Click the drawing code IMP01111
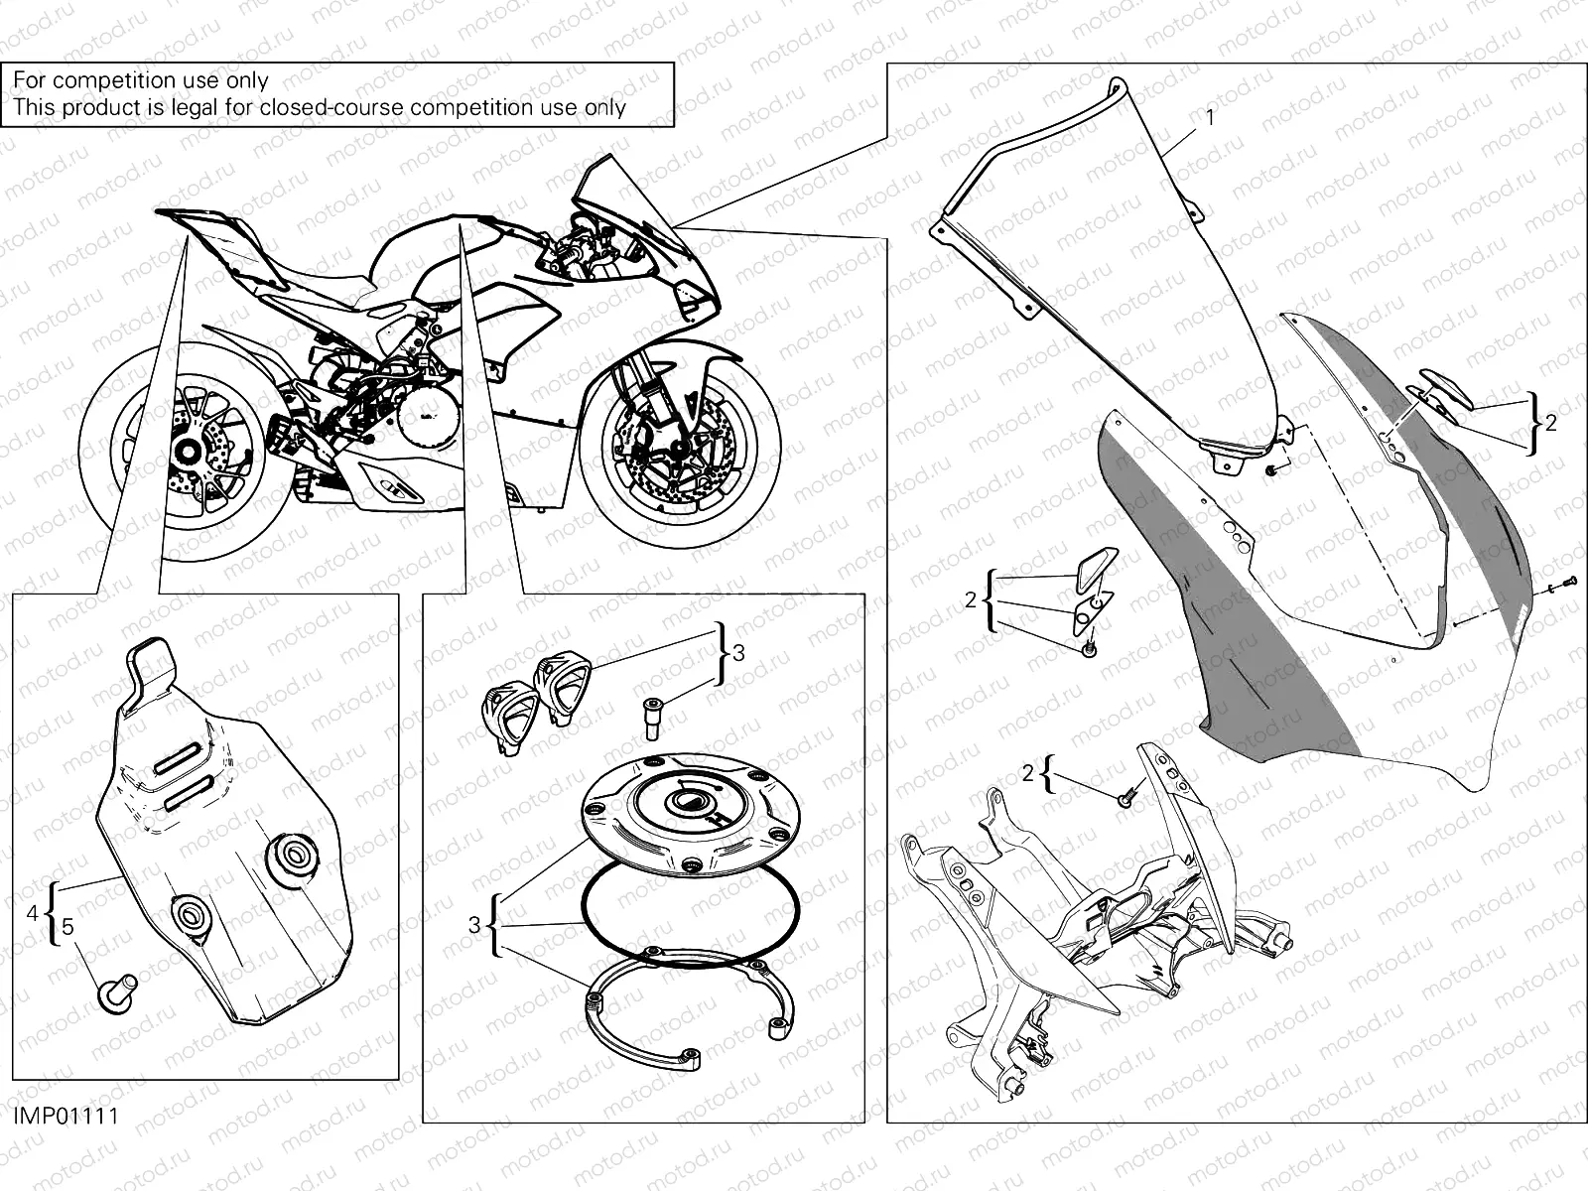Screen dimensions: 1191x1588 (x=66, y=1116)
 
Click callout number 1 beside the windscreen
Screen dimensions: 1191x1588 (x=1210, y=117)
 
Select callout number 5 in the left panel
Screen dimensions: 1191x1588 (x=67, y=927)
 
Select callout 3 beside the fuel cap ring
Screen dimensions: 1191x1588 (x=474, y=926)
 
